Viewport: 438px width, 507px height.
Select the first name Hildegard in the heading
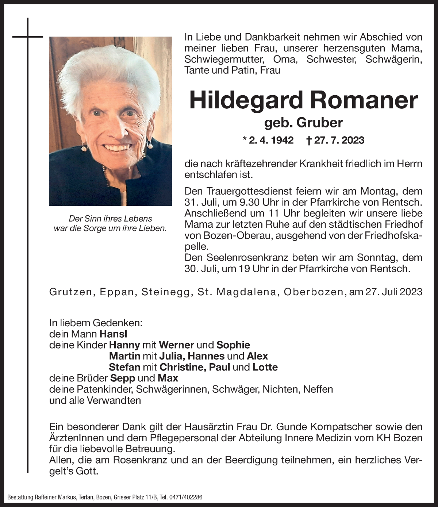point(247,100)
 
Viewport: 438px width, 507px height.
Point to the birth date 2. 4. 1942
point(271,140)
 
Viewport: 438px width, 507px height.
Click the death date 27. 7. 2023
point(339,140)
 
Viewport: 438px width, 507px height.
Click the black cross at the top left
point(28,37)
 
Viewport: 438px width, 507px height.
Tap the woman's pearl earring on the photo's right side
point(149,145)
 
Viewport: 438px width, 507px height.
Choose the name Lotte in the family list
point(265,367)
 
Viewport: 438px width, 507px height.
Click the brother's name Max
point(168,378)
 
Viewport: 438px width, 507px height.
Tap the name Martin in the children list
point(124,356)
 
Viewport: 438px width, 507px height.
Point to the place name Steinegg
point(166,292)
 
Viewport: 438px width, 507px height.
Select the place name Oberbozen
point(314,292)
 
